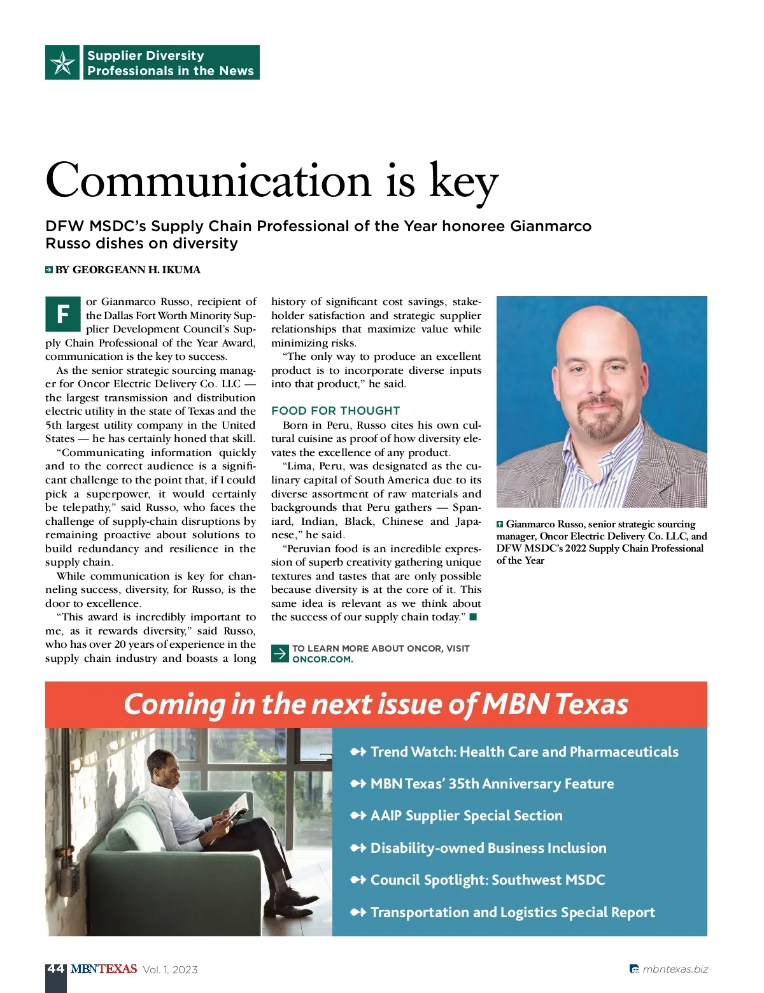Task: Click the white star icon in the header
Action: [62, 62]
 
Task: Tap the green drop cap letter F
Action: [63, 313]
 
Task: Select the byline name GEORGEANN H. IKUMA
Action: [136, 270]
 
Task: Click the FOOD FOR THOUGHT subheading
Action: [336, 411]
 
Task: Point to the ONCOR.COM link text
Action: [322, 659]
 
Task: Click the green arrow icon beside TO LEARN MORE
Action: [279, 654]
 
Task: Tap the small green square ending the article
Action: [473, 617]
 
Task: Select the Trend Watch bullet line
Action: [524, 752]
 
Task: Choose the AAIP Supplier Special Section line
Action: [466, 816]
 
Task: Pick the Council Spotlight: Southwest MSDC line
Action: [487, 880]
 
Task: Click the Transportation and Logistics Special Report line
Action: [513, 913]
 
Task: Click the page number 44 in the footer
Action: [55, 968]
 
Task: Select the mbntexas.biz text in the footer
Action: [675, 969]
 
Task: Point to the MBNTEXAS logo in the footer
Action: [104, 969]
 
